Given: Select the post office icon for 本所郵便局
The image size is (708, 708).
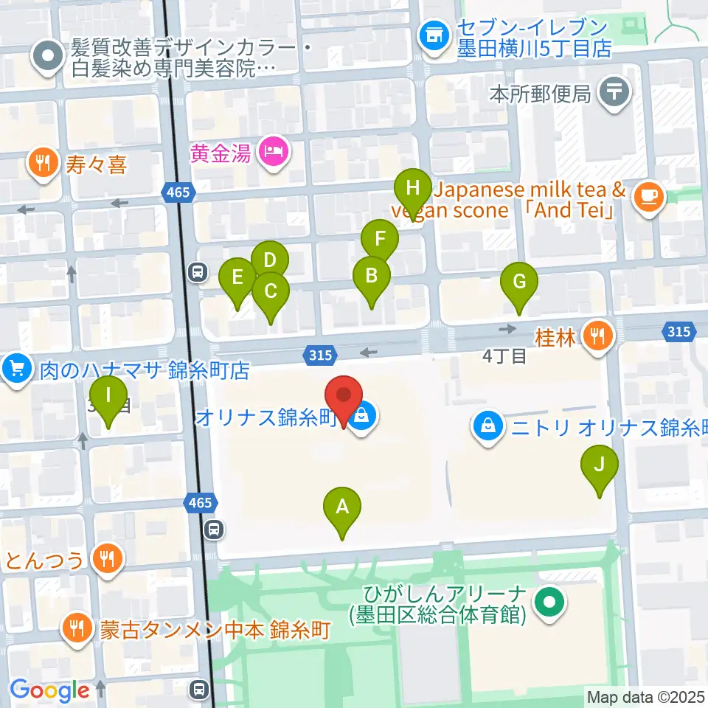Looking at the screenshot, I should [x=614, y=94].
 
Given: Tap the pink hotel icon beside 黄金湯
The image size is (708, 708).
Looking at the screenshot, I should [x=274, y=152].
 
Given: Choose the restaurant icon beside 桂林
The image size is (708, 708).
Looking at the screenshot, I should [x=594, y=337].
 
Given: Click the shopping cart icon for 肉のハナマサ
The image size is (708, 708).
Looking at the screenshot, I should [x=17, y=367].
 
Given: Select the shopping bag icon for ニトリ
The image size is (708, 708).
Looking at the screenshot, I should [x=487, y=425].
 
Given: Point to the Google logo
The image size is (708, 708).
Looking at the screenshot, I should [x=49, y=690].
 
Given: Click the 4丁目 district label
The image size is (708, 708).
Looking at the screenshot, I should [x=504, y=356].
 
